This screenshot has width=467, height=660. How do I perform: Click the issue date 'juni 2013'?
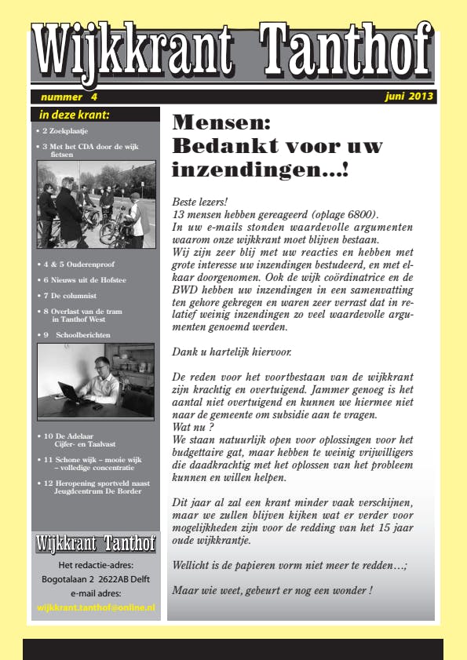click(x=410, y=97)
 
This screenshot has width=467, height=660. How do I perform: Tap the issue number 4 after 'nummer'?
click(x=94, y=97)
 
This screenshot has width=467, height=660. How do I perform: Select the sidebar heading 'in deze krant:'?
click(x=74, y=115)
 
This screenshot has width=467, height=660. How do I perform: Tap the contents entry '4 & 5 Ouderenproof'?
click(x=78, y=264)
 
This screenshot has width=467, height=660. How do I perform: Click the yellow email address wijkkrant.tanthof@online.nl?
click(x=96, y=607)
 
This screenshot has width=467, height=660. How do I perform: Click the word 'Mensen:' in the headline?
click(x=221, y=122)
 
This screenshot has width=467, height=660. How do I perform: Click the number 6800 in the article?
click(x=360, y=214)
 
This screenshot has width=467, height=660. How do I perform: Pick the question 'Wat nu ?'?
click(x=192, y=428)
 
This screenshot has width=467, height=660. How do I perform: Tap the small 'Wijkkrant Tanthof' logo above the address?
click(x=96, y=542)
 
